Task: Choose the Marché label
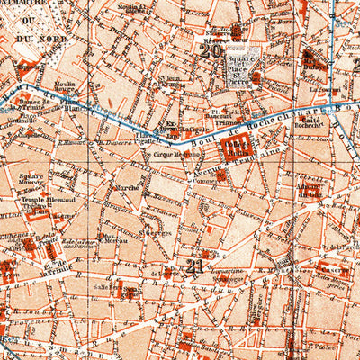click(x=129, y=187)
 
